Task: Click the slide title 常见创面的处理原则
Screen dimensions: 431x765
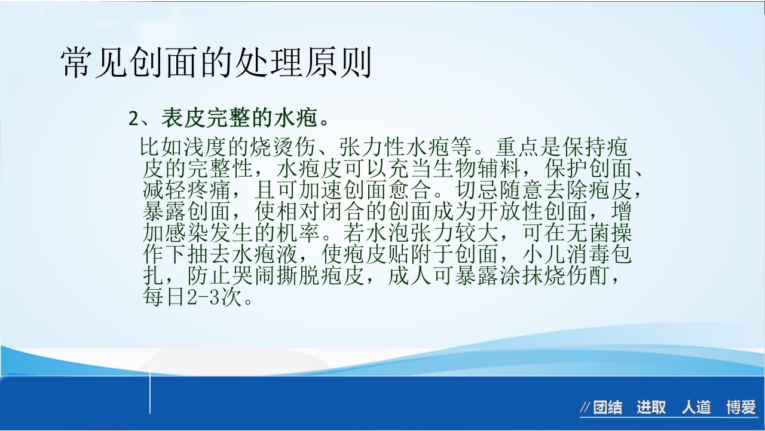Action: pos(216,62)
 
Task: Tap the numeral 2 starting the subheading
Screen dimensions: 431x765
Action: pos(134,119)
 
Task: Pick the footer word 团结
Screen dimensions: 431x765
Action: pos(607,408)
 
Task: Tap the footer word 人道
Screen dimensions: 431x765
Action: pos(696,408)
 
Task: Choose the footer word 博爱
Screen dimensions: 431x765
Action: pos(741,408)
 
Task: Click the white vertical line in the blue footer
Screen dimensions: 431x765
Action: pos(150,395)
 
